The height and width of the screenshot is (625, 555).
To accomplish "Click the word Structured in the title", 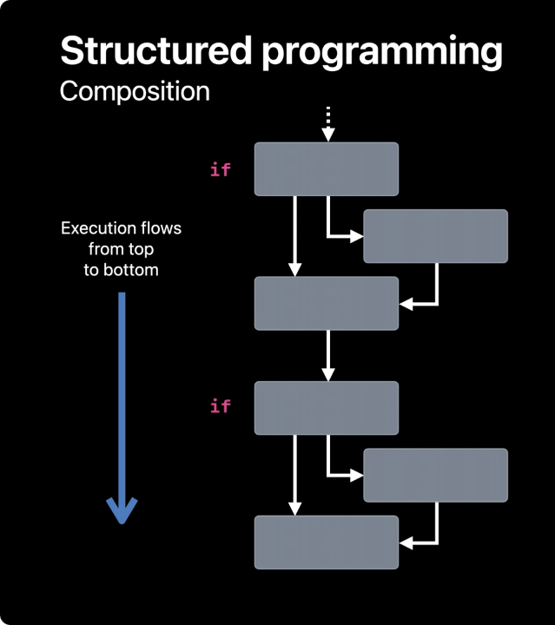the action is pos(155,50).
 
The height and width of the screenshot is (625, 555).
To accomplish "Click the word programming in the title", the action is pos(382,54).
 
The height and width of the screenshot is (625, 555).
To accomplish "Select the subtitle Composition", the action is pos(135,93).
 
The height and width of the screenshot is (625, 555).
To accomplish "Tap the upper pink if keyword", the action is pos(220,169).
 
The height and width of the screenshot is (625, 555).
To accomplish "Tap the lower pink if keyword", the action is pos(220,405).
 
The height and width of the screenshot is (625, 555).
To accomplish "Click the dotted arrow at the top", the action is pos(327,123).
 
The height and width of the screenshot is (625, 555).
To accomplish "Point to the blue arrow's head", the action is pos(122,510).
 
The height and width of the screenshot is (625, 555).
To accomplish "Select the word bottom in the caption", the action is pos(131,270).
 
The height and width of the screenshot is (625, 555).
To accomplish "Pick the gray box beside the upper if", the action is pos(327,169).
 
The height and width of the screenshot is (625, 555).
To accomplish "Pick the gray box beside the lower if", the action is pos(327,408).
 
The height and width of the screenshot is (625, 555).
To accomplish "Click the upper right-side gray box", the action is pos(435,236).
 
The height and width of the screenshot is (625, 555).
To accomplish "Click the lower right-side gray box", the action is pos(435,475).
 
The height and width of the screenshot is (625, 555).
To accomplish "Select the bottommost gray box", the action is pos(327,542).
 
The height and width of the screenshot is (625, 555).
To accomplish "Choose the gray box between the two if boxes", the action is pos(327,303).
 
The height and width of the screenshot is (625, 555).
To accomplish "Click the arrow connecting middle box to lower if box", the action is pos(327,356).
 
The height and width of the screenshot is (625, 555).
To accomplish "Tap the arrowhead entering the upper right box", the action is pos(356,236).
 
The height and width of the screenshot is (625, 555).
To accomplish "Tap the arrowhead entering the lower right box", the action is pos(356,476).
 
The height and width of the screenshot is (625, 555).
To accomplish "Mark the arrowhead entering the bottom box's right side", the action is pos(406,543).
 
